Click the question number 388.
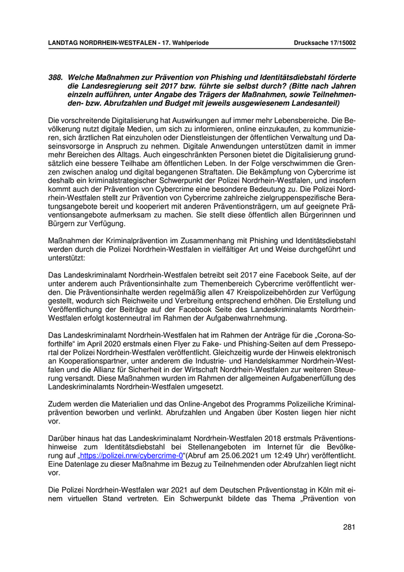coord(56,77)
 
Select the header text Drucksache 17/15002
coord(324,42)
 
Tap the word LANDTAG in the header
coord(64,42)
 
